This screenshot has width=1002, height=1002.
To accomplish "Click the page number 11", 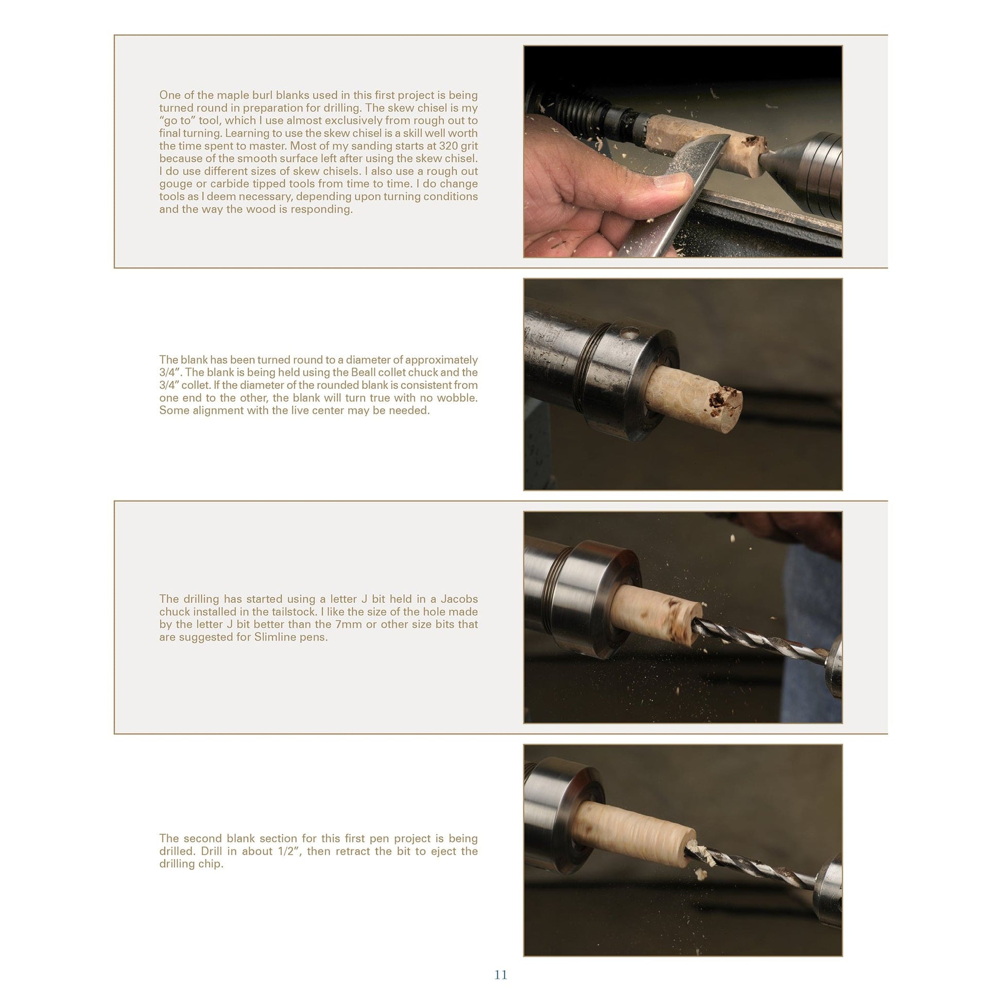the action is click(x=500, y=975).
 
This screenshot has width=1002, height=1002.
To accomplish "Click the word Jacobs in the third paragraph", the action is click(x=459, y=599).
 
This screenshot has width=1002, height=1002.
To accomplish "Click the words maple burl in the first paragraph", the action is click(x=244, y=95).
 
